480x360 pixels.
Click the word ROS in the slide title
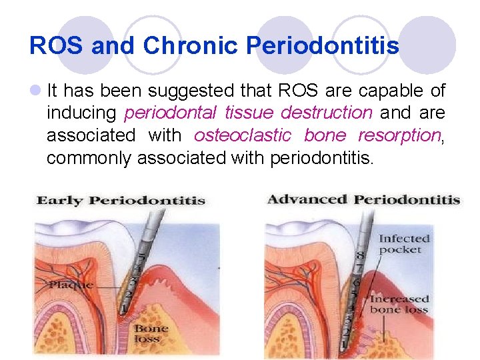56,46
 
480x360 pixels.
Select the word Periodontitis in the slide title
323,46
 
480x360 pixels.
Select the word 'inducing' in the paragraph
81,113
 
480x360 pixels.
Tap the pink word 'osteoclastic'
243,135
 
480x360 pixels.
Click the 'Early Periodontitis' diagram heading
121,201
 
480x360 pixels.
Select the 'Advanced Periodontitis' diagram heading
363,199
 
